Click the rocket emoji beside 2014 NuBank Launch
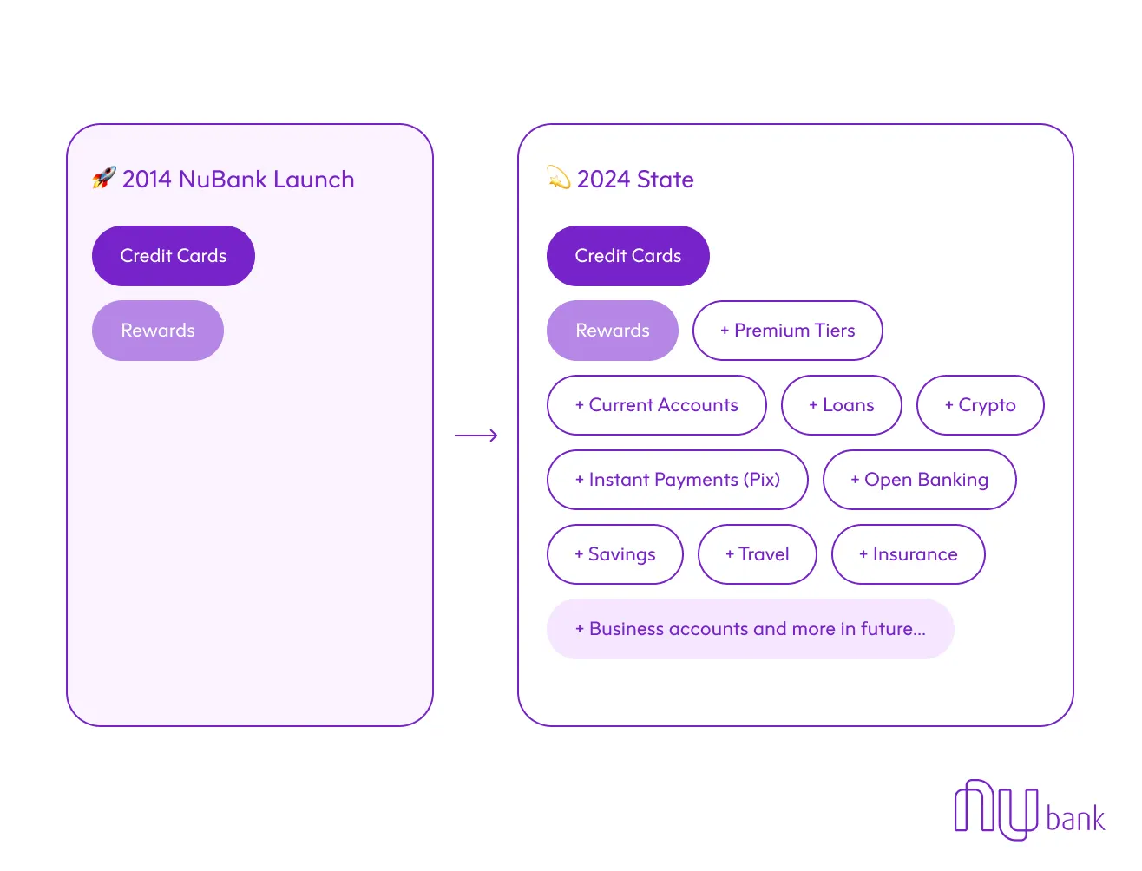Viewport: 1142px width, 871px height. point(104,179)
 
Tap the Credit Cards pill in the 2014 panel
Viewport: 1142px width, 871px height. point(174,256)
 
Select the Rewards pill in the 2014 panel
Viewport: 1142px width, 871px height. point(158,331)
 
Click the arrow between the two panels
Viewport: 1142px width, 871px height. point(476,435)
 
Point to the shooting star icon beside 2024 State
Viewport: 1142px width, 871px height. point(558,178)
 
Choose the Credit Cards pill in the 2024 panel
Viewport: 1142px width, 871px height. point(628,256)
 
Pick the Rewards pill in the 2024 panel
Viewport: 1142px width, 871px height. point(613,331)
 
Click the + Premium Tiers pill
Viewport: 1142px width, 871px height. point(788,331)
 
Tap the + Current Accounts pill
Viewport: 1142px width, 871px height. point(657,405)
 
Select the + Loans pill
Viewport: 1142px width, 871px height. point(842,405)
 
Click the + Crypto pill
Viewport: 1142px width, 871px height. point(981,405)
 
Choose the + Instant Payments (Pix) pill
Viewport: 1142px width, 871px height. point(678,480)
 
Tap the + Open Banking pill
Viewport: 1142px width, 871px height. point(920,480)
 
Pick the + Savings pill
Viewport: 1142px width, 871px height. point(615,554)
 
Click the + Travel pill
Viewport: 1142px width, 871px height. point(758,554)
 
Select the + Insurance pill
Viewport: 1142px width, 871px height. point(909,554)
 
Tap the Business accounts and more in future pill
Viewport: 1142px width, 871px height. point(751,629)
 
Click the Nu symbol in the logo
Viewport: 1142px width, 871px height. point(995,809)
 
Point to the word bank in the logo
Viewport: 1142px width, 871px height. point(1075,819)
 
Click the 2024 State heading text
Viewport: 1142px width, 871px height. point(635,180)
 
